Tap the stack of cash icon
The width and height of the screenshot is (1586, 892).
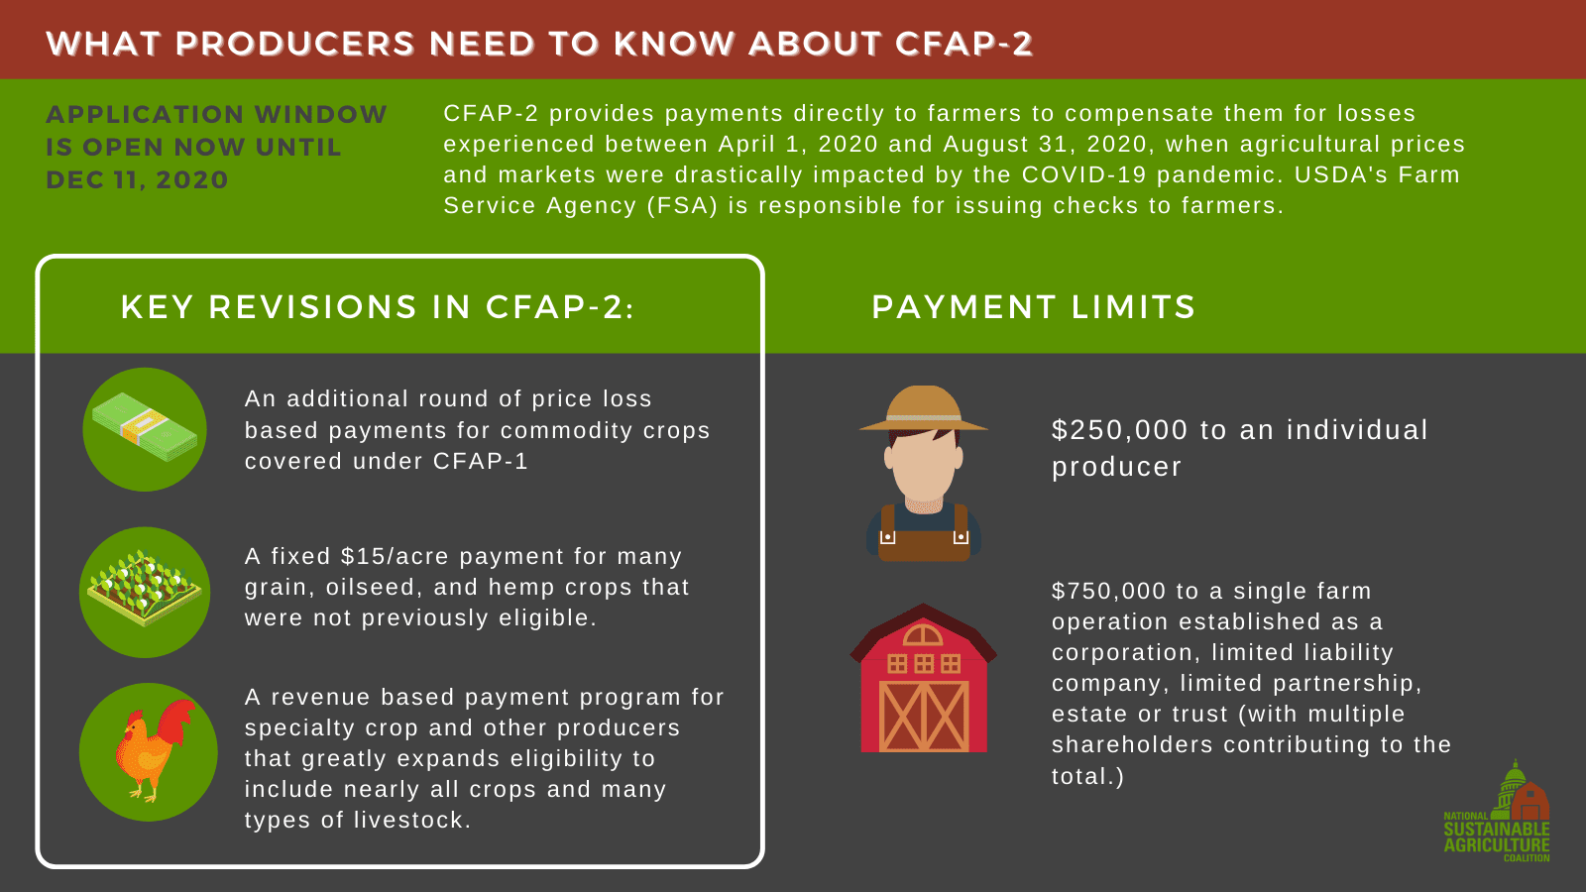(x=145, y=428)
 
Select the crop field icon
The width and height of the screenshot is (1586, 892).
(x=145, y=592)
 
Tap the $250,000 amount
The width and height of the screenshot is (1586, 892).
(x=1119, y=430)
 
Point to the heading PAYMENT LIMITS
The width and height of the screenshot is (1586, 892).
(x=1033, y=307)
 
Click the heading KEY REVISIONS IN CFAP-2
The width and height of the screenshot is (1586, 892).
(x=377, y=307)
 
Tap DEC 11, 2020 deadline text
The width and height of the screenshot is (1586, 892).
(x=137, y=180)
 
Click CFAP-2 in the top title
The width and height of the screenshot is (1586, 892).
(x=963, y=45)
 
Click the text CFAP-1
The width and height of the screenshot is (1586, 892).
(x=481, y=462)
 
